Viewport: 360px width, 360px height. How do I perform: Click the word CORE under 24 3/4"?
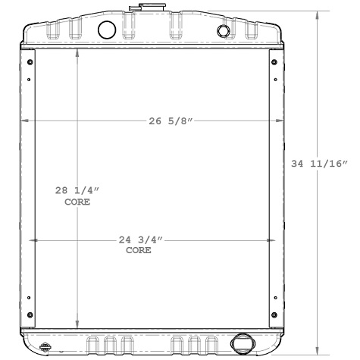[138, 250]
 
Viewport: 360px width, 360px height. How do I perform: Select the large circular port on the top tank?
[108, 30]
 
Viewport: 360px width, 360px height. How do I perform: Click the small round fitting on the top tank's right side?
[223, 31]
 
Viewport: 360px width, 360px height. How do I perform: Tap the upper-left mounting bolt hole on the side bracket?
[30, 62]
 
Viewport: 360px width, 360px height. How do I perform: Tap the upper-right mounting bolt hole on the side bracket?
[272, 62]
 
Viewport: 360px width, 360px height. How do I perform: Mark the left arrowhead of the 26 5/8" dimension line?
[24, 122]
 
